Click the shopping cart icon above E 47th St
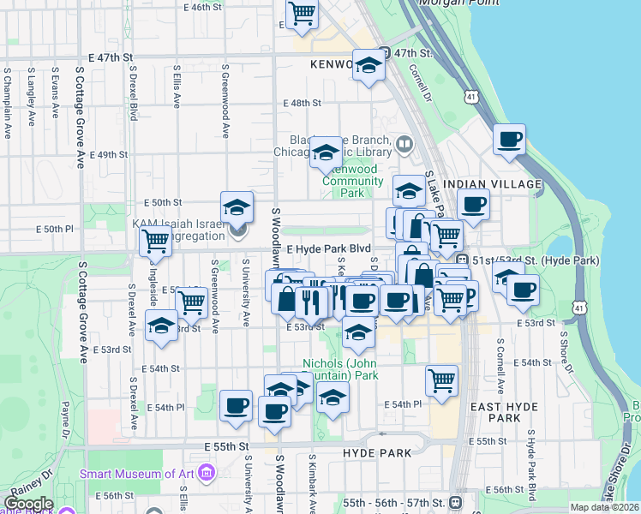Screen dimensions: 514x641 pyautogui.click(x=302, y=14)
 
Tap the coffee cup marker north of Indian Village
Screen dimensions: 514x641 pyautogui.click(x=509, y=140)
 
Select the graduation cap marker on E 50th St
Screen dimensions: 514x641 pyautogui.click(x=237, y=207)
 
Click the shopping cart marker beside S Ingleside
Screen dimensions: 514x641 pyautogui.click(x=155, y=242)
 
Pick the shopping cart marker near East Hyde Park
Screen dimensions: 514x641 pyautogui.click(x=441, y=380)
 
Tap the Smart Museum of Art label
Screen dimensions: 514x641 pyautogui.click(x=136, y=473)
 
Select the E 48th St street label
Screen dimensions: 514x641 pyautogui.click(x=302, y=103)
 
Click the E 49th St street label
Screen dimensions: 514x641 pyautogui.click(x=109, y=155)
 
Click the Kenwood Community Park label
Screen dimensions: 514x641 pyautogui.click(x=352, y=181)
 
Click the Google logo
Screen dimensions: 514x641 pyautogui.click(x=28, y=504)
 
